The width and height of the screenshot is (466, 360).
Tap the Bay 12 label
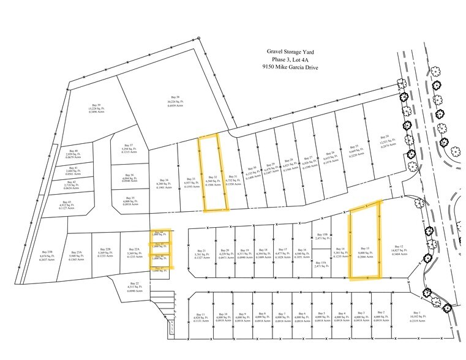point(401,247)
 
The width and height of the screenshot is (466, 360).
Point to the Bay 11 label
point(199,317)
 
